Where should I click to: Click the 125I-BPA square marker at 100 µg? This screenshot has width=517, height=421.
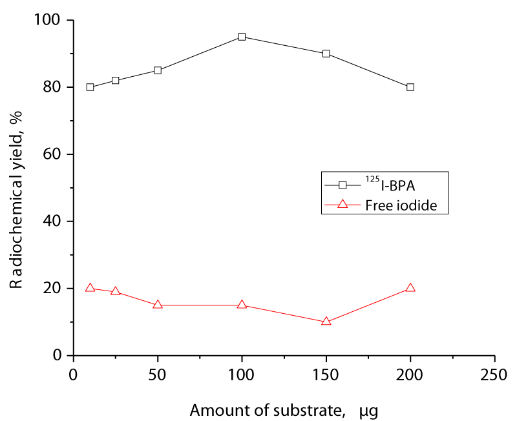point(242,37)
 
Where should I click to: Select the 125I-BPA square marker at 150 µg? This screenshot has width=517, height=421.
point(326,54)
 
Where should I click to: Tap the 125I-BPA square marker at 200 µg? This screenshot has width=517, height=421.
point(410,87)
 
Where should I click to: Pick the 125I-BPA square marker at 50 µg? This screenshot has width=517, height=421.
point(158,70)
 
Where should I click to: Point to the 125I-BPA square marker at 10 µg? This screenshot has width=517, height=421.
point(90,87)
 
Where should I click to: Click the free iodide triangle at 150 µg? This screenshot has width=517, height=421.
point(326,321)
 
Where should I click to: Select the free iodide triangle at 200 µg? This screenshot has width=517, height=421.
point(410,288)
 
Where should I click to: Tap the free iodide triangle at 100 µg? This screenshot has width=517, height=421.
point(242,304)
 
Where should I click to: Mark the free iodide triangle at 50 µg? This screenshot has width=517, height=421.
point(158,304)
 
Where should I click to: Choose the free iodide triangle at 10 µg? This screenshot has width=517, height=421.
point(90,288)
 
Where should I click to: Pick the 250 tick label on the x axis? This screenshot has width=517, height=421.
point(494,374)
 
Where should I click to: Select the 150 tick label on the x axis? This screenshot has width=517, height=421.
point(326,374)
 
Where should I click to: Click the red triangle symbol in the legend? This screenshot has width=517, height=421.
point(343,205)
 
